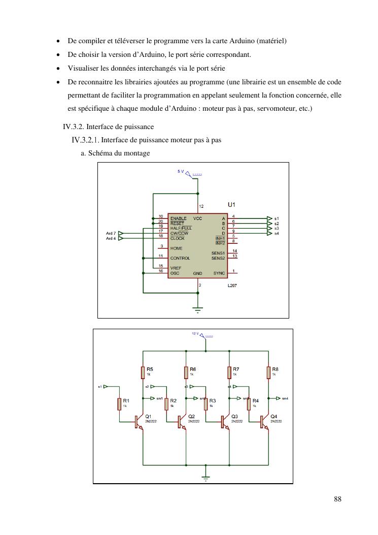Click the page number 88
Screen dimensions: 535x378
click(337, 499)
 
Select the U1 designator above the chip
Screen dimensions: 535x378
click(231, 204)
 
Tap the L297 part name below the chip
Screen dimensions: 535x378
click(232, 286)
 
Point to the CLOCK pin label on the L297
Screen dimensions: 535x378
click(178, 238)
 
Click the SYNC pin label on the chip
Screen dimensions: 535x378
click(219, 273)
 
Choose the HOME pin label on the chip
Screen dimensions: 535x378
click(177, 248)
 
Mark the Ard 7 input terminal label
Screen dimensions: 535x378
click(111, 233)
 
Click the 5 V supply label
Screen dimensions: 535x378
click(181, 172)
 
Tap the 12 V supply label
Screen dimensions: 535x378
click(195, 333)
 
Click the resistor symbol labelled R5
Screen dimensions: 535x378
click(144, 372)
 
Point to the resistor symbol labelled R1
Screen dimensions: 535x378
click(120, 404)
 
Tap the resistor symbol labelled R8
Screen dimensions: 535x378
click(268, 372)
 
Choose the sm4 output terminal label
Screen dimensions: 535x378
click(285, 398)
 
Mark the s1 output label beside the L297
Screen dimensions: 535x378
click(277, 218)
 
